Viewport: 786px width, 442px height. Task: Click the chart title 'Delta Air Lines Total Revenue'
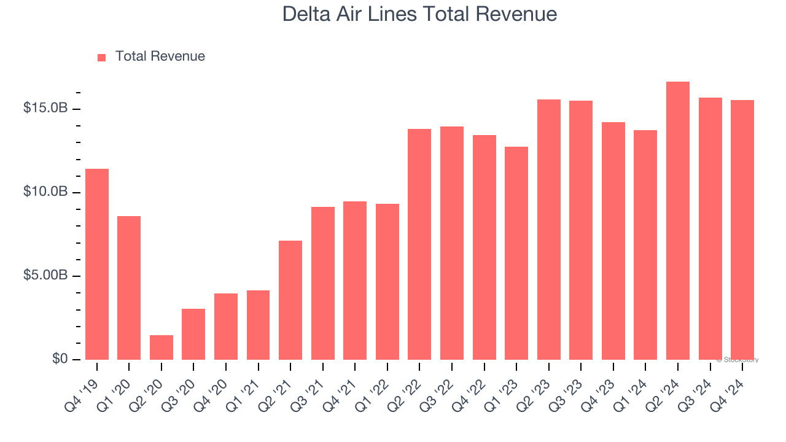pyautogui.click(x=419, y=14)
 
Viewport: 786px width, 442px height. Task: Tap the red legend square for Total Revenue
pyautogui.click(x=102, y=57)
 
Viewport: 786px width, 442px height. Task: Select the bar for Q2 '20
pyautogui.click(x=161, y=347)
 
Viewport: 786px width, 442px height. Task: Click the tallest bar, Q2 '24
pyautogui.click(x=678, y=221)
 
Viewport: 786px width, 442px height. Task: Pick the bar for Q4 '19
pyautogui.click(x=97, y=264)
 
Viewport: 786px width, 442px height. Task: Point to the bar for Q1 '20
pyautogui.click(x=129, y=288)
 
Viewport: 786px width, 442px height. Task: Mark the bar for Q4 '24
pyautogui.click(x=742, y=230)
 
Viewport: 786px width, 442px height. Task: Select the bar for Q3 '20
pyautogui.click(x=193, y=334)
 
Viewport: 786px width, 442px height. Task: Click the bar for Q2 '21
pyautogui.click(x=290, y=300)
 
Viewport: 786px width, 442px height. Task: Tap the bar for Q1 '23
pyautogui.click(x=516, y=253)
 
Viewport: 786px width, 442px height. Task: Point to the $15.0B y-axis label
pyautogui.click(x=45, y=108)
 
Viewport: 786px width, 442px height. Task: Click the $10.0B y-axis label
pyautogui.click(x=45, y=192)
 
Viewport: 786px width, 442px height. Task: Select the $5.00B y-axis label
pyautogui.click(x=45, y=275)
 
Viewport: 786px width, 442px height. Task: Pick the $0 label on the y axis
pyautogui.click(x=60, y=359)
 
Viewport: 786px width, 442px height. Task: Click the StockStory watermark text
pyautogui.click(x=737, y=360)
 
